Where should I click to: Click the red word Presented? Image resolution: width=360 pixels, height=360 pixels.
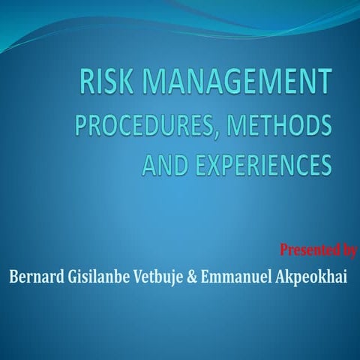306,247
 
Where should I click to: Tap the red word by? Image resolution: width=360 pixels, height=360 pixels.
346,248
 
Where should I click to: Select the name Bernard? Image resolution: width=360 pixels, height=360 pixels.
37,277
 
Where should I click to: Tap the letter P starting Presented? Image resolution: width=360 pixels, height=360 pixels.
283,247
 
